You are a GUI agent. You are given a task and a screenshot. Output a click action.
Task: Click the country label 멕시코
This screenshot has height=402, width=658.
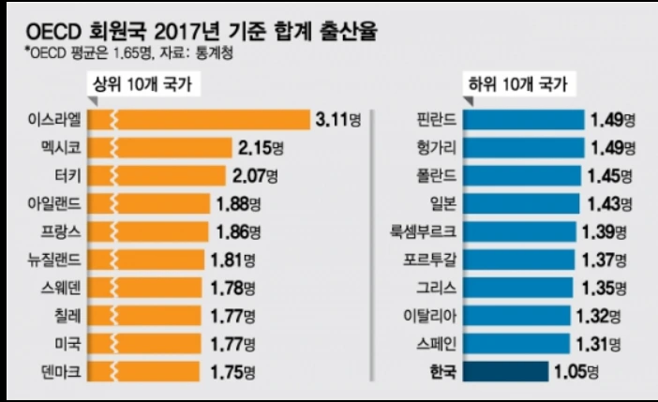point(73,148)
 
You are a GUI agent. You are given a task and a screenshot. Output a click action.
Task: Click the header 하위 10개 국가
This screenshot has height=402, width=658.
point(519,85)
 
